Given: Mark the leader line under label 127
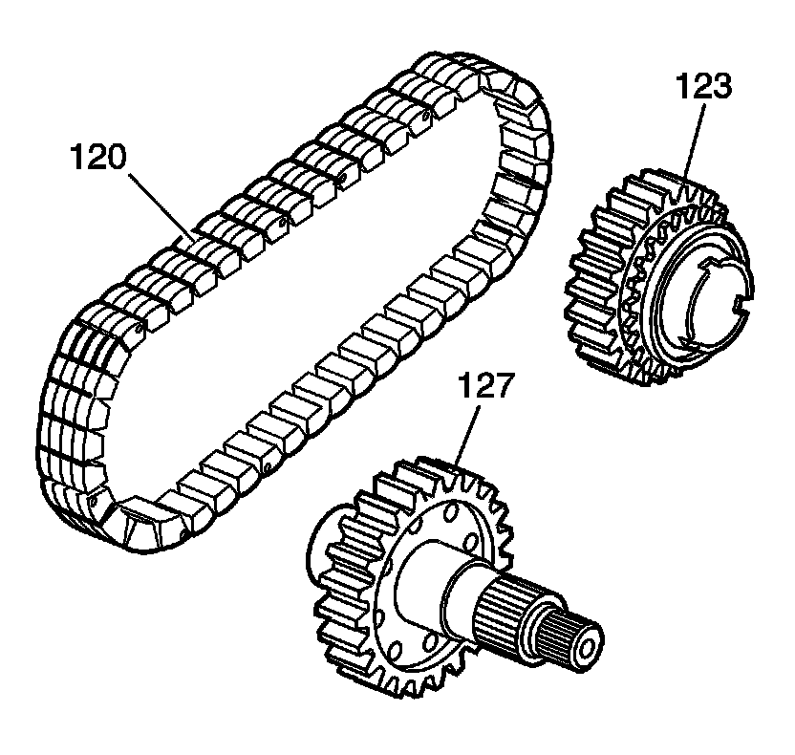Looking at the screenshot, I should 467,434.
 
